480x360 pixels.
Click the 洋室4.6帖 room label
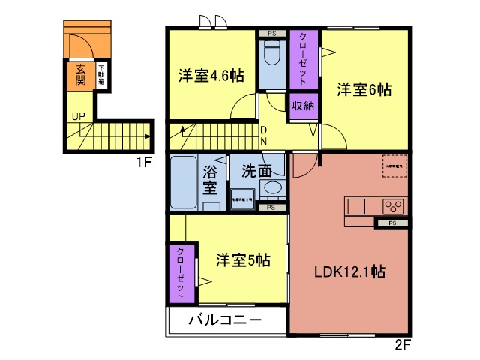pos(211,76)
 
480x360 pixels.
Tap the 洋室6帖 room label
pos(364,89)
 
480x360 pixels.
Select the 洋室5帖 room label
pos(243,260)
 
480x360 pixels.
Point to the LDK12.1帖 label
pos(349,271)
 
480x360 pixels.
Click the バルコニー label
pos(225,320)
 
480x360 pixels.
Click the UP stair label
pos(79,116)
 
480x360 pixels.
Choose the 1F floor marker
pos(145,161)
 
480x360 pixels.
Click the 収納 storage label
pos(303,106)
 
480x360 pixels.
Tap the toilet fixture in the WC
pos(271,54)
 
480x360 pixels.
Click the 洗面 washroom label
pos(256,170)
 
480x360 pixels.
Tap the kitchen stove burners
pos(393,205)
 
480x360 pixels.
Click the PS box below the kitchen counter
pos(392,223)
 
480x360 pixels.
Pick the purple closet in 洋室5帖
pos(180,273)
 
